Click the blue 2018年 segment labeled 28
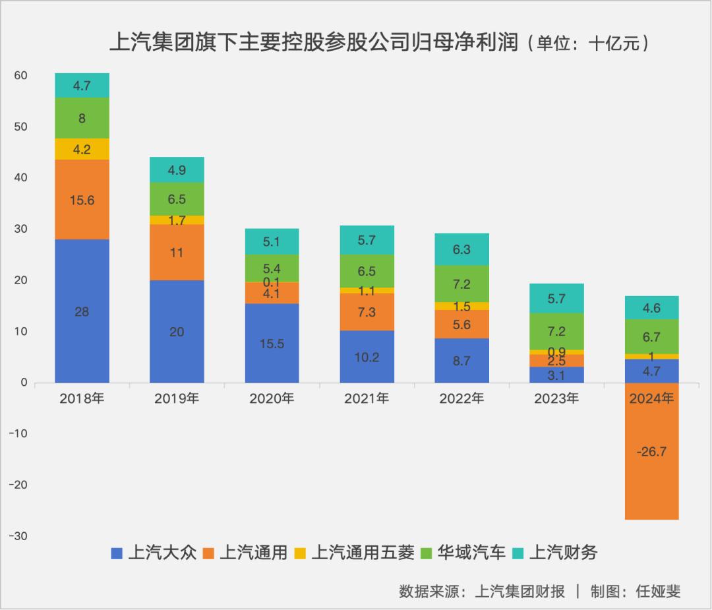point(82,311)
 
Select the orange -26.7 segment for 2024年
point(651,451)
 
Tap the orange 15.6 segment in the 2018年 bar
point(82,199)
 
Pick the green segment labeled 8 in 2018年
point(82,118)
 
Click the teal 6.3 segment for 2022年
point(461,249)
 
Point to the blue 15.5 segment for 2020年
point(272,343)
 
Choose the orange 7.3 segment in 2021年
point(367,312)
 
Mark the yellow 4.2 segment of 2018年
point(82,149)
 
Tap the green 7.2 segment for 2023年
point(556,331)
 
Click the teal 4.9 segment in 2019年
point(177,169)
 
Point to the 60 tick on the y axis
point(20,76)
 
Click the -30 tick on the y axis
point(18,536)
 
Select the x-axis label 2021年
point(367,398)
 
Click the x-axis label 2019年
point(177,398)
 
